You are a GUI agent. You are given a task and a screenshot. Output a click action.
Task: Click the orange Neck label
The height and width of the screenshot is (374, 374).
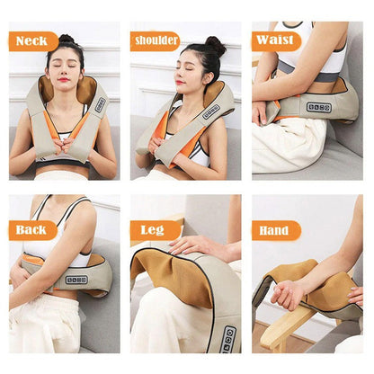coord(33,41)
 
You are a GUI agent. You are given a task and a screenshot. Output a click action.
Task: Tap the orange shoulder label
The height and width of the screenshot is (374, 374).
coord(156,40)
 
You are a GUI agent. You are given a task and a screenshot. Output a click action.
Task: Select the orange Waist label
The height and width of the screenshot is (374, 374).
coord(276,40)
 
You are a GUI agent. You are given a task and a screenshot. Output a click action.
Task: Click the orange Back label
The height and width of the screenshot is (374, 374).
coord(32,230)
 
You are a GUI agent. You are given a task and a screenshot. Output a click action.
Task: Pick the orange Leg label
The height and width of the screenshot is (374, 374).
coord(155,230)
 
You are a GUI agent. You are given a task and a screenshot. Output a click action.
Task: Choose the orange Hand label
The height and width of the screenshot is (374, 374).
coord(276,230)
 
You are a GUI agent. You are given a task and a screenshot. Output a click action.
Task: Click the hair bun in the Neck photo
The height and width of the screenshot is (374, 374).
coord(67,39)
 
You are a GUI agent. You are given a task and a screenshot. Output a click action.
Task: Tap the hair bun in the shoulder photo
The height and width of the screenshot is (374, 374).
coord(215,46)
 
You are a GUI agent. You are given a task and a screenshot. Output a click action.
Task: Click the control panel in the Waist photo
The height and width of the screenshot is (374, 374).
coord(319,108)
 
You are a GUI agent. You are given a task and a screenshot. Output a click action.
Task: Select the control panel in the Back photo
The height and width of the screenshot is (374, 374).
coord(76,280)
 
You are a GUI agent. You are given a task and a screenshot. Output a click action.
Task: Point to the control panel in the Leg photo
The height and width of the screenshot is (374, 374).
coord(228,339)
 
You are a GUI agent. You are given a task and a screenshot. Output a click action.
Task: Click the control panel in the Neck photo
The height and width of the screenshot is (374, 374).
coord(101,104)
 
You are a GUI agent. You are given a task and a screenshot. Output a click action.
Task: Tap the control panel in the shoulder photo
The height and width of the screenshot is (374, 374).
coord(210,111)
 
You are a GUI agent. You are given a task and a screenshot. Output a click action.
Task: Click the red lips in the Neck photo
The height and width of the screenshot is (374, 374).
coord(64,79)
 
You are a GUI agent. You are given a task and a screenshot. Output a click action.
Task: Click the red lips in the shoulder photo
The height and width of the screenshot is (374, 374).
coord(179,82)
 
